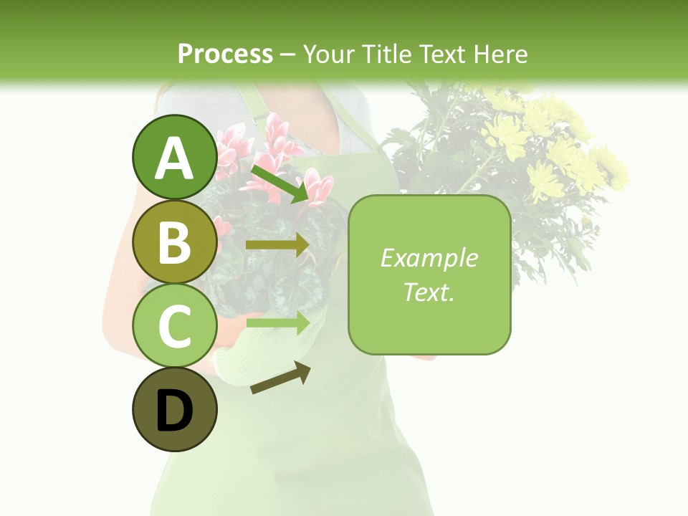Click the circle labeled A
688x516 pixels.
tap(174, 157)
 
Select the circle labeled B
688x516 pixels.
tap(174, 242)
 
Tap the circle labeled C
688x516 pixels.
tap(174, 325)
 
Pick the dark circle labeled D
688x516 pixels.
tap(174, 410)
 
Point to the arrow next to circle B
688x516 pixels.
tap(278, 245)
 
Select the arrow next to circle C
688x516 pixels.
tap(278, 322)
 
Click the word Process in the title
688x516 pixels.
tap(225, 54)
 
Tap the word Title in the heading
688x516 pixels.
tap(386, 54)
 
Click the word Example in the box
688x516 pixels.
tap(429, 258)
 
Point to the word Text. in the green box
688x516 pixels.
tap(429, 292)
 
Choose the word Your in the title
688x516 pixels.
tap(328, 54)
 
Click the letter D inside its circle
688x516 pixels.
tap(174, 411)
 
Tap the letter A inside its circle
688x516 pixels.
tap(174, 158)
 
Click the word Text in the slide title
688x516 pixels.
tap(442, 54)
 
